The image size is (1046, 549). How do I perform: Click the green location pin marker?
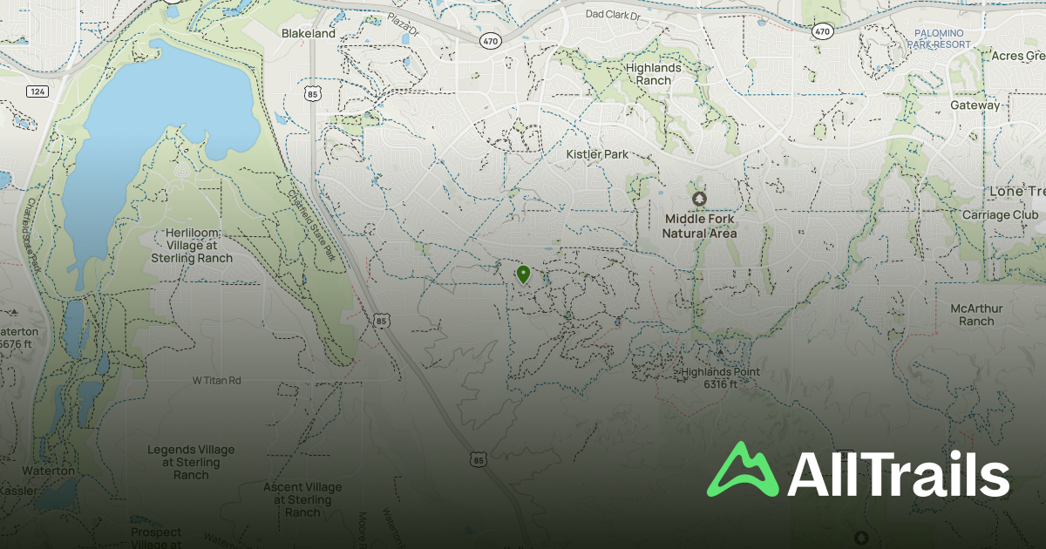(x=523, y=275)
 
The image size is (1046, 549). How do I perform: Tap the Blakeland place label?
(x=308, y=33)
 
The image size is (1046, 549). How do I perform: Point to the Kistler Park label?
(x=597, y=155)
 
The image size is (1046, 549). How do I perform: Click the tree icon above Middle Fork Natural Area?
(x=698, y=200)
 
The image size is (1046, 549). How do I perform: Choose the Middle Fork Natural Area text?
(x=699, y=227)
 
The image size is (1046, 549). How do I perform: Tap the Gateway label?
(x=975, y=105)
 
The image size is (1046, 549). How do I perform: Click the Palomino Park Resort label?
(x=942, y=38)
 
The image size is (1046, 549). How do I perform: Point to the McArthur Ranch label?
(x=976, y=315)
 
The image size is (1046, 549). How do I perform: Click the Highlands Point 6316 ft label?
(x=720, y=377)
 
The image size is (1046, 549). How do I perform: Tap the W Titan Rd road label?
(x=216, y=381)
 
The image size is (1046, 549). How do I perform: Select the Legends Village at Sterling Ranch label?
(x=191, y=462)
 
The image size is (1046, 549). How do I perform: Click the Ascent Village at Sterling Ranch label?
(x=302, y=499)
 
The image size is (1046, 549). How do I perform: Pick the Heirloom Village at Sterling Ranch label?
(x=192, y=246)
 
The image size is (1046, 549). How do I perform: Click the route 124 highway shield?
(x=37, y=91)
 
